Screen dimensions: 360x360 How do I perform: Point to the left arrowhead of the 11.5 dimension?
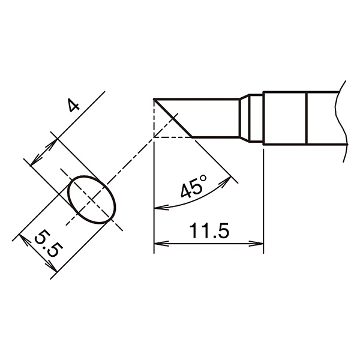(158, 244)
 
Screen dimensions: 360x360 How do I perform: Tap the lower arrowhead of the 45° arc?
(158, 208)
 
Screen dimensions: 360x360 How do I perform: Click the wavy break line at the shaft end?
(343, 120)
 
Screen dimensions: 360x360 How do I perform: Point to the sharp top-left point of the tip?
(155, 99)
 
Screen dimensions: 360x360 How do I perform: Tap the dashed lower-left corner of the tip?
(155, 137)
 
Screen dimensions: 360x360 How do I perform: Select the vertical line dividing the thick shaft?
(307, 118)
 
